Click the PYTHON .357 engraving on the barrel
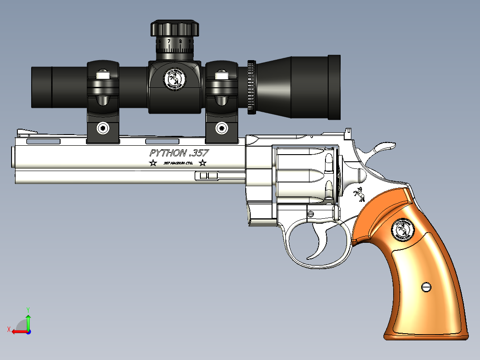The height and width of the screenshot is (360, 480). [179, 153]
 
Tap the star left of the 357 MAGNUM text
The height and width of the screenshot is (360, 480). [153, 163]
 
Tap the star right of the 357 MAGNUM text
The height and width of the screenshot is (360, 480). [203, 163]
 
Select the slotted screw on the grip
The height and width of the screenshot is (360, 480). [427, 286]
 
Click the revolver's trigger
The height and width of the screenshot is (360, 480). [321, 241]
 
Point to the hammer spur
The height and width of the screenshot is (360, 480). [384, 146]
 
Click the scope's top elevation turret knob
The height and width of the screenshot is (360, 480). [175, 29]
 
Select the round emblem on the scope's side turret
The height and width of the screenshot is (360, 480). [174, 79]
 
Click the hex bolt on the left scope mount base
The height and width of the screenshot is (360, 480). [103, 129]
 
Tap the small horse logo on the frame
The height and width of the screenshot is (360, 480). [358, 194]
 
